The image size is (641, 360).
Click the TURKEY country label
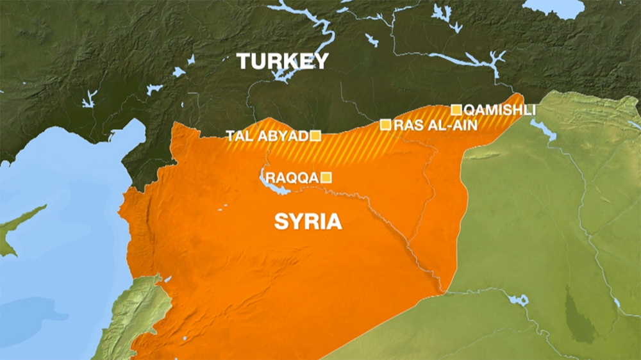(283, 61)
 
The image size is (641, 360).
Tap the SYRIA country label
(308, 222)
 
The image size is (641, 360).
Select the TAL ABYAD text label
(267, 136)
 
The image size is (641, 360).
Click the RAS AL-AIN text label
(436, 125)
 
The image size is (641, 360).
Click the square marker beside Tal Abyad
(315, 135)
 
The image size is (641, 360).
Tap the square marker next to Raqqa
(326, 177)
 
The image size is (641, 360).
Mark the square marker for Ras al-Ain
(386, 125)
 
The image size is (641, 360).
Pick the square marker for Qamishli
(456, 110)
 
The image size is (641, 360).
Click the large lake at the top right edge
(554, 8)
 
